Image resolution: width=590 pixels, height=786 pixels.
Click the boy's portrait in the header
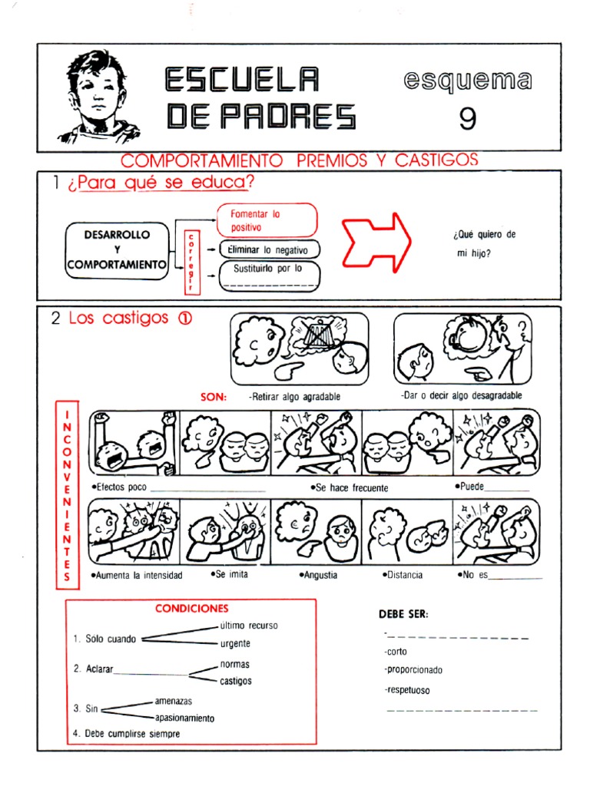(x=98, y=96)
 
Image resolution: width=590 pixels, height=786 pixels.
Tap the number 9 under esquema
(x=467, y=118)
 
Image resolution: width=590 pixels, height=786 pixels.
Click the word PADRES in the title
(x=261, y=116)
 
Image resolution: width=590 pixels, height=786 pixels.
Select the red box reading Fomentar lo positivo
(x=267, y=220)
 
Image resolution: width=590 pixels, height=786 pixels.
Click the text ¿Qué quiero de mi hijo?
(x=483, y=244)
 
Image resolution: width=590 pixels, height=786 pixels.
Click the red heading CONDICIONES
(x=192, y=608)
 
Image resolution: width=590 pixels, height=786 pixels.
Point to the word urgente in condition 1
(x=235, y=643)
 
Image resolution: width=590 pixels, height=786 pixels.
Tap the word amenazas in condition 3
(x=173, y=701)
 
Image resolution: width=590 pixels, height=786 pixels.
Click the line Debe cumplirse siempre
(x=132, y=734)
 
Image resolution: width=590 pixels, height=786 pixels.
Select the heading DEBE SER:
(x=403, y=614)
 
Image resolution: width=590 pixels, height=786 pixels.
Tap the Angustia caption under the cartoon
(x=320, y=574)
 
